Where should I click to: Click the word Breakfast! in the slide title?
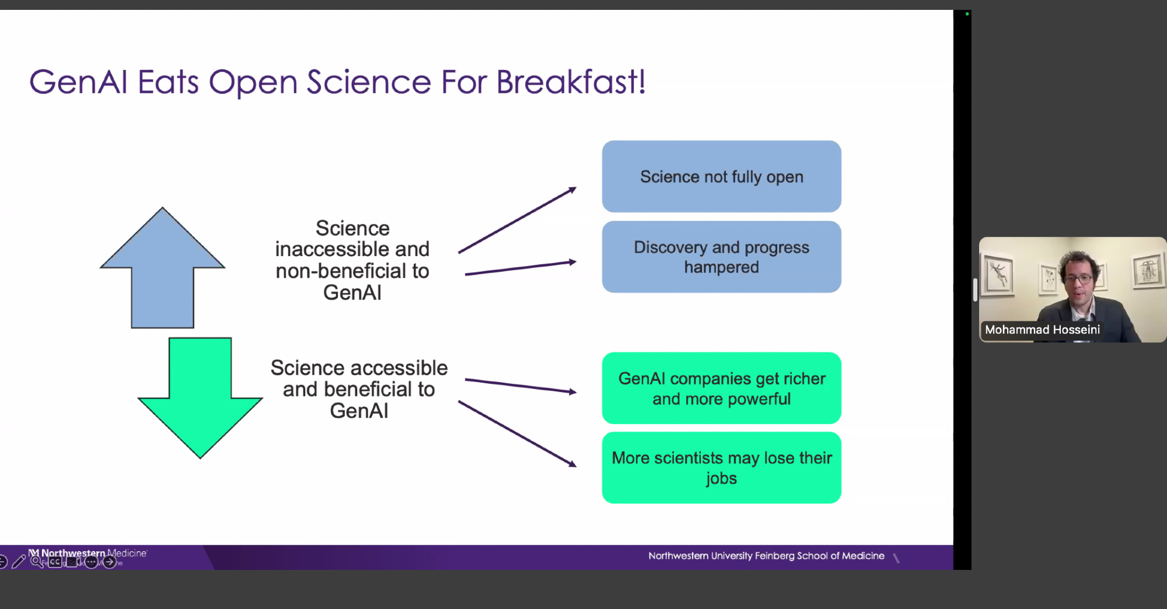(x=571, y=82)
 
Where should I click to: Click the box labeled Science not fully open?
(x=722, y=176)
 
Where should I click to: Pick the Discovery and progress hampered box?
(x=722, y=257)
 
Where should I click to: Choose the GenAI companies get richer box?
(x=722, y=388)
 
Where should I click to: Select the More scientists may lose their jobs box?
(x=722, y=468)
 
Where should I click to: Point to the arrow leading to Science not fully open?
(x=518, y=220)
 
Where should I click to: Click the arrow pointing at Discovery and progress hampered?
(x=520, y=268)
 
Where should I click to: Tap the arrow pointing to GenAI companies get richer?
(x=520, y=386)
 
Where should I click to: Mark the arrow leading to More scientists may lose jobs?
(x=518, y=434)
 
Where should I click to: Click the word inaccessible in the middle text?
(x=332, y=249)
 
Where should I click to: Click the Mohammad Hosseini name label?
(x=1042, y=330)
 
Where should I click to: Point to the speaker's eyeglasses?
(x=1079, y=279)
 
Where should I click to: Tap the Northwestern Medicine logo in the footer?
(x=88, y=553)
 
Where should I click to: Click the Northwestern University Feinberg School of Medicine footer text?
(x=766, y=556)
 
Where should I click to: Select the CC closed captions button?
(x=55, y=562)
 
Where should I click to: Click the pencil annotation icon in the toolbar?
(x=19, y=562)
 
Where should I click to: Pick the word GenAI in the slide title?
(x=79, y=82)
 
